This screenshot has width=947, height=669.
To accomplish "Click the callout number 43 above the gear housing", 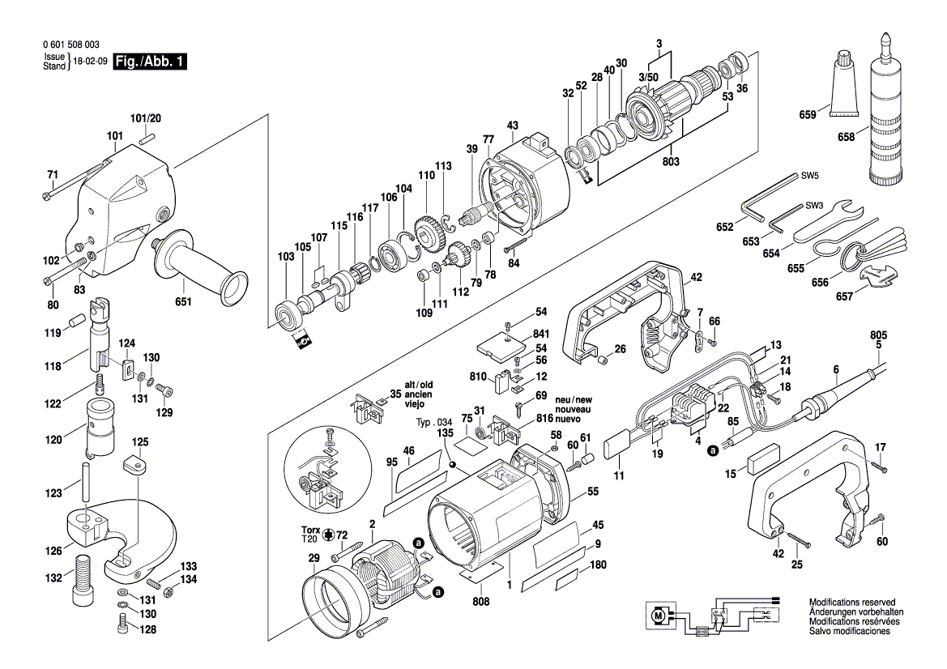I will point(512,126).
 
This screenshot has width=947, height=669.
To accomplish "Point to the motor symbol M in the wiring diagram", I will point(658,617).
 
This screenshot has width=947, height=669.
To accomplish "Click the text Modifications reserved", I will point(851,603).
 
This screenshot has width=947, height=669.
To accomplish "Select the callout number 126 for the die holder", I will point(53,552).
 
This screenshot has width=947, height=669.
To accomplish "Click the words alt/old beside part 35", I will point(419,385).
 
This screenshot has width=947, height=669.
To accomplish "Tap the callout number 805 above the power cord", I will point(878,334).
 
